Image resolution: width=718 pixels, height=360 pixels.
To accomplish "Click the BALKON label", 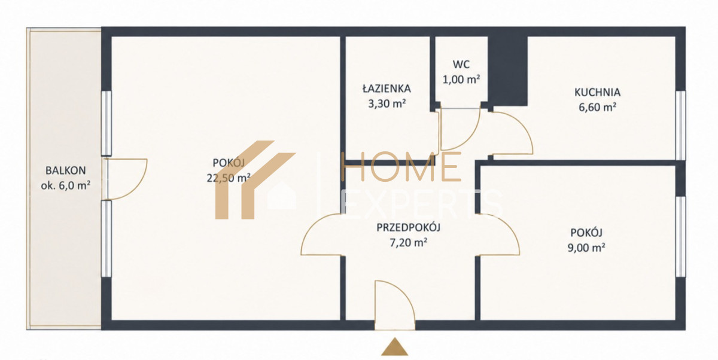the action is [66, 170].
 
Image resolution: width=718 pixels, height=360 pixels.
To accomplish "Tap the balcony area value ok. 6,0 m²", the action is [65, 185].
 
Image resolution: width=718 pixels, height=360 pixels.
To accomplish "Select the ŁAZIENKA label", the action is [387, 88].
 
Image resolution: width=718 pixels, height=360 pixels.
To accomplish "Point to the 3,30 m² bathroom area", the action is [387, 103].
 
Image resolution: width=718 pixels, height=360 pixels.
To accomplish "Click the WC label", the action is [461, 65].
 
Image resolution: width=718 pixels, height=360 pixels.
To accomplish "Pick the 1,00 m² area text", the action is [461, 79].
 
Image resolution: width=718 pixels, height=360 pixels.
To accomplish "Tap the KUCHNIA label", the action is [597, 92].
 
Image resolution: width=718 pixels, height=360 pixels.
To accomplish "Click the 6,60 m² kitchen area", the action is [597, 107].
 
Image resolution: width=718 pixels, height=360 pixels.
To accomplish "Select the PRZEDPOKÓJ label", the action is [408, 227].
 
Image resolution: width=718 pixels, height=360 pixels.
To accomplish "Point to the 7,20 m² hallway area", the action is [408, 242].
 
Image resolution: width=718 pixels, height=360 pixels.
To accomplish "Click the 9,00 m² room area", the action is [586, 248].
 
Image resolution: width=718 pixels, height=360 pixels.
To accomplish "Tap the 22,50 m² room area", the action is [228, 178].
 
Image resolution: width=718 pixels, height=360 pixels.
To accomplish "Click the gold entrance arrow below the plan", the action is [394, 347].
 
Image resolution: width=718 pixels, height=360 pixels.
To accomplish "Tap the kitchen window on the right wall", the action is [680, 125].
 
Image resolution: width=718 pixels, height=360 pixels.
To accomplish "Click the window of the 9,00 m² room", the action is [680, 236].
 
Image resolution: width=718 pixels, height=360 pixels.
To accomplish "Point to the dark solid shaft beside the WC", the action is [508, 71].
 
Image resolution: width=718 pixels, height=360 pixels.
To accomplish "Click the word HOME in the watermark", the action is [401, 167].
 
